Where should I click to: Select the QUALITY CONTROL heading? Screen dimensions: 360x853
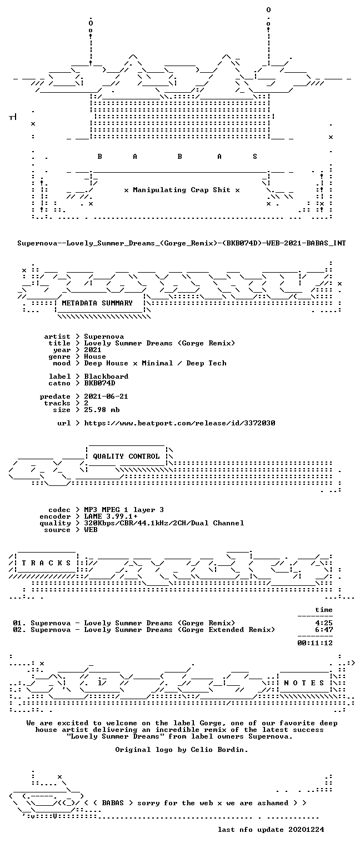click(126, 456)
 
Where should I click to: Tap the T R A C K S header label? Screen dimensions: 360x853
click(46, 563)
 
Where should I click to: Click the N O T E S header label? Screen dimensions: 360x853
click(304, 683)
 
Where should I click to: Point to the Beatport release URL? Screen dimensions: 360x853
click(179, 423)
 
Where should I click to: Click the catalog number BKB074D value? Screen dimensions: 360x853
click(99, 383)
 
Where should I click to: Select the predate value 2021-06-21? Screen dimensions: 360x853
click(106, 397)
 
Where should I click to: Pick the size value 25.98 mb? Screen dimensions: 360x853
click(102, 410)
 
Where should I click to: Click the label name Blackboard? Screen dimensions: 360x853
click(106, 376)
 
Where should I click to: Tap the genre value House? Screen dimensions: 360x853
click(95, 357)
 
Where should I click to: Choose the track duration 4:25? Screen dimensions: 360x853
click(323, 623)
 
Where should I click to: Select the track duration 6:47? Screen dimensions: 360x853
click(323, 629)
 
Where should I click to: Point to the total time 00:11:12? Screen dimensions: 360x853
click(314, 643)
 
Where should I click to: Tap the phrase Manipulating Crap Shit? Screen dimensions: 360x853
click(181, 189)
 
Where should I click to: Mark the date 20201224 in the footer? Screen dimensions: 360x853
click(306, 829)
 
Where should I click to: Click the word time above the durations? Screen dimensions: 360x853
click(323, 610)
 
